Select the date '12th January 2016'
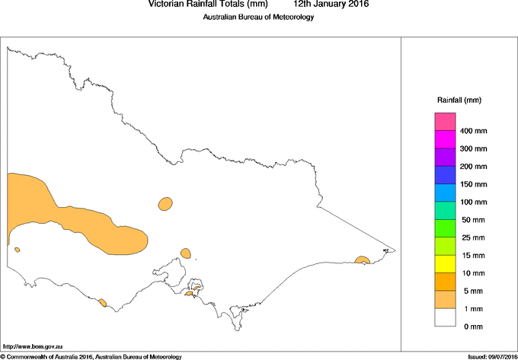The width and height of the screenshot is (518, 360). click(x=331, y=5)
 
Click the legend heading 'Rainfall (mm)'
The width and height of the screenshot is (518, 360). click(x=459, y=100)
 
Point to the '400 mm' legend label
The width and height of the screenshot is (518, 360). click(x=479, y=131)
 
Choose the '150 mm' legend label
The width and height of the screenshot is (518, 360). click(x=479, y=184)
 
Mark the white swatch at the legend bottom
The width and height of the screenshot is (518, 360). click(x=446, y=317)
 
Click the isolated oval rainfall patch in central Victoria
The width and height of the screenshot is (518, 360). click(x=165, y=203)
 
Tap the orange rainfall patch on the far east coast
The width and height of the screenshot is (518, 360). click(x=363, y=261)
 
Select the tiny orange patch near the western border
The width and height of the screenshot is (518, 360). click(x=17, y=249)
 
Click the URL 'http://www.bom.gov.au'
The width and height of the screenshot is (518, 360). click(x=32, y=346)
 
